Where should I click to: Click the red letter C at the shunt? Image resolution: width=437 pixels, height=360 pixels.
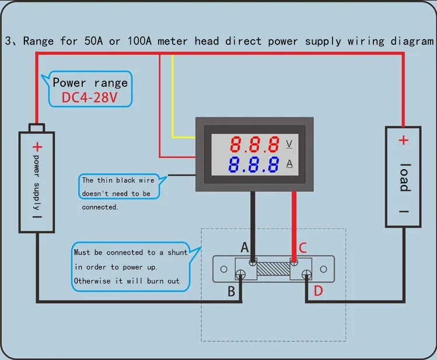pos(303,248)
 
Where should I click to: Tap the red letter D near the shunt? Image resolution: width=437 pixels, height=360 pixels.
pos(318,291)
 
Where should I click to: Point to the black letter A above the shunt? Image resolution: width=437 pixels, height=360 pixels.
pos(244,248)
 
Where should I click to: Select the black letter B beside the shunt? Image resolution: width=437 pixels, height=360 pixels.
pos(231,291)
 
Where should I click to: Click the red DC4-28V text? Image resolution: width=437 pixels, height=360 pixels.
pos(90,97)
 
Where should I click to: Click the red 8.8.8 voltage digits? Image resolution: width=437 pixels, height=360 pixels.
pos(254,144)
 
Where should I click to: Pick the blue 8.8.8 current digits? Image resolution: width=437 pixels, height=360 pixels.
pos(254,164)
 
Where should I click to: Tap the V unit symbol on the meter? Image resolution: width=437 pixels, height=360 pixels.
pos(289,144)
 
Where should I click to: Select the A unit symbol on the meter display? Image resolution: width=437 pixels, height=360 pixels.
pos(289,163)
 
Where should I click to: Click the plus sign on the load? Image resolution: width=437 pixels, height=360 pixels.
pos(403,140)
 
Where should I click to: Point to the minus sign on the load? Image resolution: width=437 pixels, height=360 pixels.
pos(403,212)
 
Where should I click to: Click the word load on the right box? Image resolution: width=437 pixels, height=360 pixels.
pos(404,177)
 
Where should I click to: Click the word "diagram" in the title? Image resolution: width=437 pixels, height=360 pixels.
pos(414,41)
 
